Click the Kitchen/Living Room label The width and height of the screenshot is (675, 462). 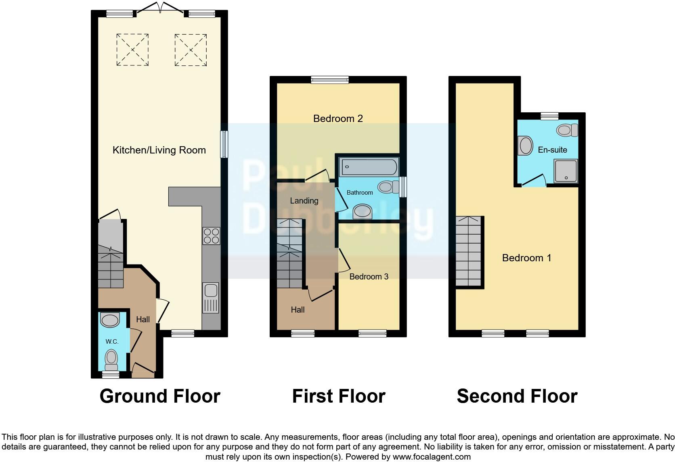(159, 150)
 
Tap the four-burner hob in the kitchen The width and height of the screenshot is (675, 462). (211, 236)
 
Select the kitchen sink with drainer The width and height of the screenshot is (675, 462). (211, 298)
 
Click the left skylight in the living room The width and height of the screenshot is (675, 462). (132, 50)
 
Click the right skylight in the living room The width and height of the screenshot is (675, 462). (191, 50)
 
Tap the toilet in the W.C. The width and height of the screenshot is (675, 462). (111, 358)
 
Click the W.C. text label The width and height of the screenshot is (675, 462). (112, 342)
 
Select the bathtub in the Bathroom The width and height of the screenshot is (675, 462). (369, 167)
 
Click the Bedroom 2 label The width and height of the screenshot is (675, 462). (338, 119)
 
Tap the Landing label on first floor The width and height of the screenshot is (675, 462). (304, 201)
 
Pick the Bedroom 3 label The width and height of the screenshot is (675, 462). (369, 277)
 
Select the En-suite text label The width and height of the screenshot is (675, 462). (552, 150)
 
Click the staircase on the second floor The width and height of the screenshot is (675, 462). (468, 251)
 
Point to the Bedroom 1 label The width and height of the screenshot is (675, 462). (526, 258)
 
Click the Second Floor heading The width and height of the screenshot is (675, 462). (517, 396)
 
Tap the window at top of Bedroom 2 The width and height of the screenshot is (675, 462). (329, 80)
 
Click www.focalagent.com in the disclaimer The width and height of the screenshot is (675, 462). (431, 457)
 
